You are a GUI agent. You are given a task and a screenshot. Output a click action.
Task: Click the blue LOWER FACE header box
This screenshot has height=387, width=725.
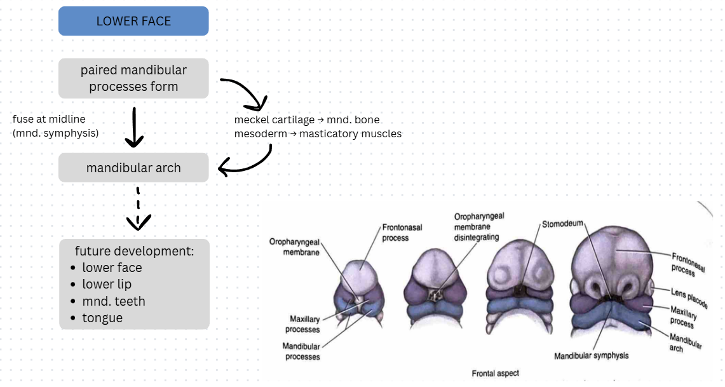pyautogui.click(x=133, y=21)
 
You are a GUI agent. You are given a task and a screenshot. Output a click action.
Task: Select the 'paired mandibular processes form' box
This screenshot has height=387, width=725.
pyautogui.click(x=133, y=78)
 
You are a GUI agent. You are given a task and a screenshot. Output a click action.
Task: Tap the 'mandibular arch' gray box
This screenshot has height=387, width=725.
pyautogui.click(x=133, y=168)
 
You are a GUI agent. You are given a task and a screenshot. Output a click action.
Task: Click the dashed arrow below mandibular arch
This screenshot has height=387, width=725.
pyautogui.click(x=138, y=208)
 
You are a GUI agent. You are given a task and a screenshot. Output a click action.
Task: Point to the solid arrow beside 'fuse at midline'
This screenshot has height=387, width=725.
pyautogui.click(x=133, y=127)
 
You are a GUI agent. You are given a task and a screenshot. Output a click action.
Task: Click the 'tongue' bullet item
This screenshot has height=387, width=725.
pyautogui.click(x=102, y=318)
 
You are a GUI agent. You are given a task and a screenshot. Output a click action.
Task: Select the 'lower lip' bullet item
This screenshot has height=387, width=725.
pyautogui.click(x=107, y=284)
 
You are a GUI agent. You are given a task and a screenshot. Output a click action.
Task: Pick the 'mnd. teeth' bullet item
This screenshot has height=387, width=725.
pyautogui.click(x=114, y=301)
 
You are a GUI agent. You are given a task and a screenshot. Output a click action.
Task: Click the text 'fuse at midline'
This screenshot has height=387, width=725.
pyautogui.click(x=49, y=119)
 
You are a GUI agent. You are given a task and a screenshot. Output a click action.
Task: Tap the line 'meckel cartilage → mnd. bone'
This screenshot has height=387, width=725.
pyautogui.click(x=307, y=119)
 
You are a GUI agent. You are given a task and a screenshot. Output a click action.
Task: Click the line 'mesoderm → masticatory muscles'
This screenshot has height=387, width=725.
pyautogui.click(x=318, y=134)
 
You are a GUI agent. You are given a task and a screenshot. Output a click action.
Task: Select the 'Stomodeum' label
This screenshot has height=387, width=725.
pyautogui.click(x=562, y=224)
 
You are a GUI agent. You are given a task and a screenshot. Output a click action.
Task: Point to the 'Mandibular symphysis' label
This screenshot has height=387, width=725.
pyautogui.click(x=591, y=356)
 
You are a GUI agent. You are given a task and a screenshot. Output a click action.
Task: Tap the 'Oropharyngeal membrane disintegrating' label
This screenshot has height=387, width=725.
pyautogui.click(x=478, y=226)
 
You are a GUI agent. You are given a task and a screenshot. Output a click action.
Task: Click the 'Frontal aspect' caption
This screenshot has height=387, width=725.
pyautogui.click(x=495, y=374)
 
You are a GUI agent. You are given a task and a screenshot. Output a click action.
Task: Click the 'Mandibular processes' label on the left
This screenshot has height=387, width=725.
pyautogui.click(x=301, y=351)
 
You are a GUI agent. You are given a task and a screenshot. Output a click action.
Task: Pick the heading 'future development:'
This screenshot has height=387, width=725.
pyautogui.click(x=134, y=250)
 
